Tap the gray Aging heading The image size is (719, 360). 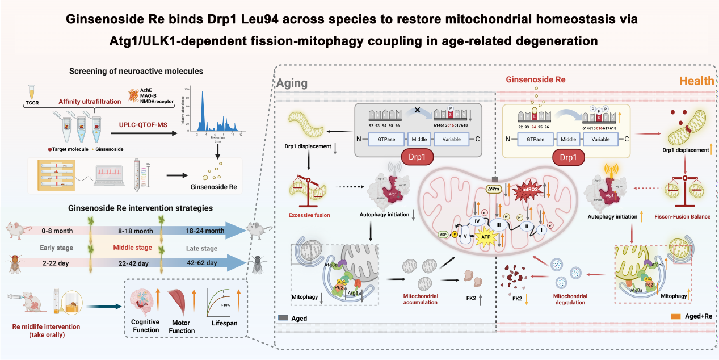point(292,83)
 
